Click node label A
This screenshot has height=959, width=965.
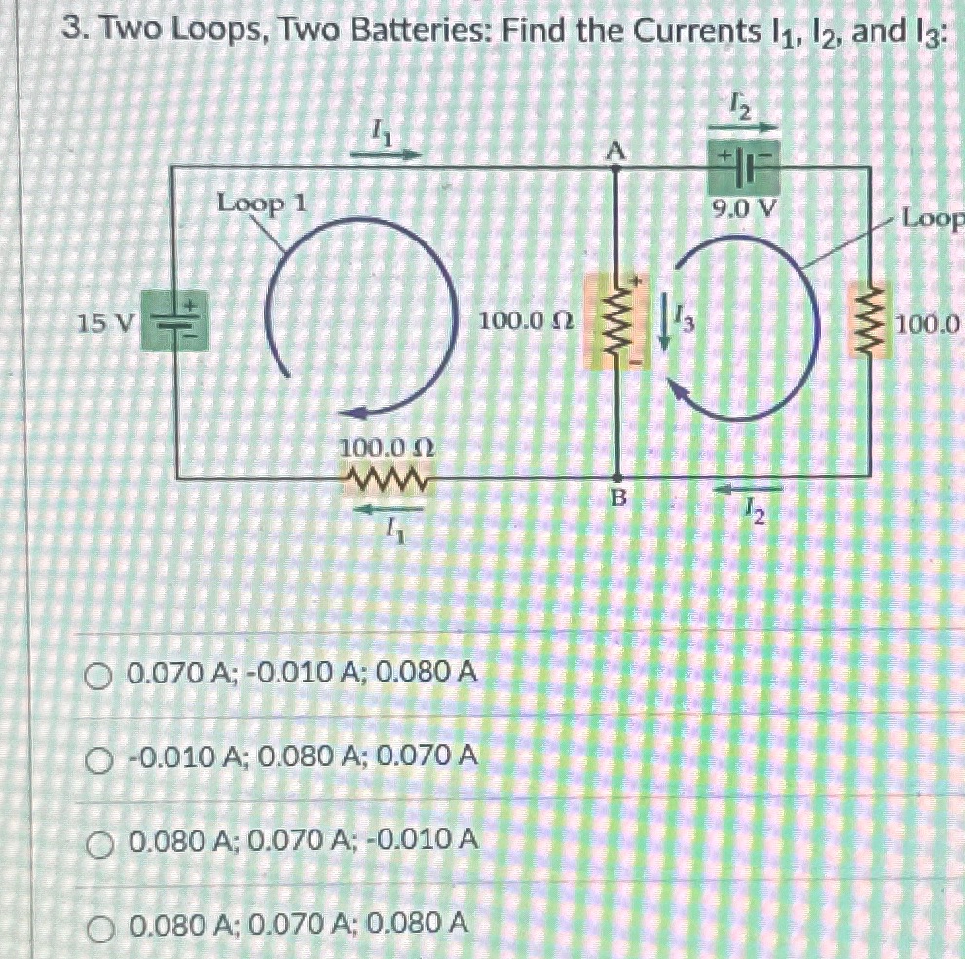pyautogui.click(x=614, y=149)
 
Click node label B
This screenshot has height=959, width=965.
pyautogui.click(x=616, y=498)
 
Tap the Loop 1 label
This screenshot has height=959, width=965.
pyautogui.click(x=262, y=204)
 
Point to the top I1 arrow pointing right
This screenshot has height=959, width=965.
pyautogui.click(x=395, y=153)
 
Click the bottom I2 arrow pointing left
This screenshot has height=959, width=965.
pyautogui.click(x=755, y=487)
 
